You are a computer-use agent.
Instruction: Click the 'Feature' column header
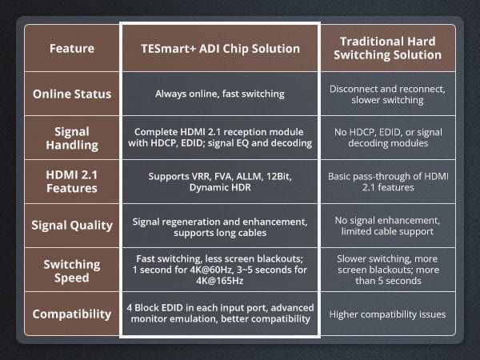pyautogui.click(x=72, y=48)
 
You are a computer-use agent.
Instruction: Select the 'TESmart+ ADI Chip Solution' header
pyautogui.click(x=220, y=49)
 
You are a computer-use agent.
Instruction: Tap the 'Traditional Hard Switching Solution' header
pyautogui.click(x=387, y=48)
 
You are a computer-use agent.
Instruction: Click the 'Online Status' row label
pyautogui.click(x=72, y=94)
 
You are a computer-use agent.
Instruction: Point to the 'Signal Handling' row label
pyautogui.click(x=72, y=138)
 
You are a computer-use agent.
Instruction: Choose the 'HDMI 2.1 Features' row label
pyautogui.click(x=72, y=182)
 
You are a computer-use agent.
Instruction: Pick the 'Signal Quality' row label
pyautogui.click(x=72, y=226)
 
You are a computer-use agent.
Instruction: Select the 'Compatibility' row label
pyautogui.click(x=72, y=314)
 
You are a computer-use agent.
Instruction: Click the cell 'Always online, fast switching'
pyautogui.click(x=220, y=94)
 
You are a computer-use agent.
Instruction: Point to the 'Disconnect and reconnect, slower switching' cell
pyautogui.click(x=387, y=94)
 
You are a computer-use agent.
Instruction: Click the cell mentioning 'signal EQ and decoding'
pyautogui.click(x=220, y=138)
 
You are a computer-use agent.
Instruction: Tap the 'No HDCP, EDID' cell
pyautogui.click(x=388, y=138)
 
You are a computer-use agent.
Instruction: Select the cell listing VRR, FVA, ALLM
pyautogui.click(x=220, y=182)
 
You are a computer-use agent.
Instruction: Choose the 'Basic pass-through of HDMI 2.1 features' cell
pyautogui.click(x=388, y=182)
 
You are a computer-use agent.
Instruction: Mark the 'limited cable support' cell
pyautogui.click(x=387, y=226)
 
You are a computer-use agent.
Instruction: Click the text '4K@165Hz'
pyautogui.click(x=220, y=281)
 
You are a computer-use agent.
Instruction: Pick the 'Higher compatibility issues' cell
pyautogui.click(x=387, y=314)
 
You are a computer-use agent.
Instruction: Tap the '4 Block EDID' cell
pyautogui.click(x=220, y=313)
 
